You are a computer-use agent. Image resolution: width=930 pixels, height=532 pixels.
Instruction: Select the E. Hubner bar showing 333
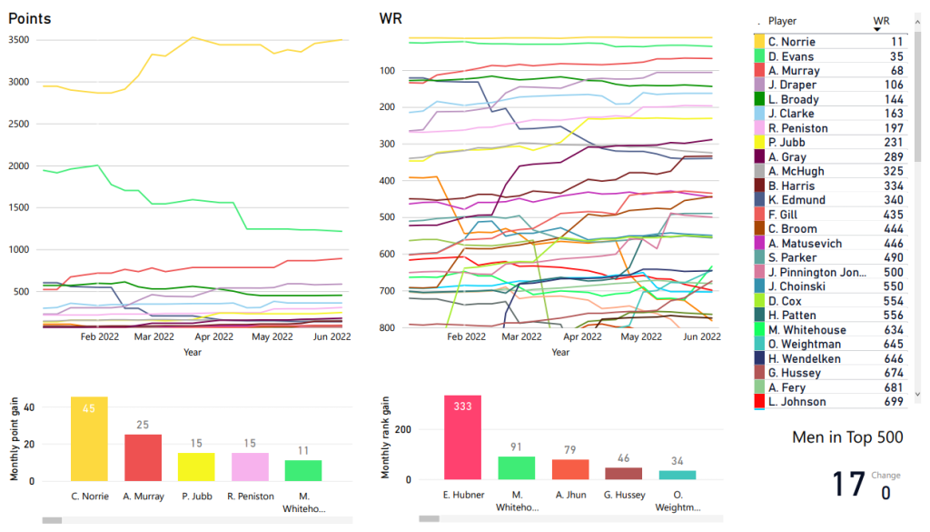[462, 437]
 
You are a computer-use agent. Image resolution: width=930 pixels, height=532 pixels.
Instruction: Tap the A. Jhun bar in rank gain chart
[570, 469]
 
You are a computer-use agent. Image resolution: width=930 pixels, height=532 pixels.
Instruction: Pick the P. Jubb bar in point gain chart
[196, 467]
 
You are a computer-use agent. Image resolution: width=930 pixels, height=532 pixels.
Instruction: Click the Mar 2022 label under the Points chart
[153, 336]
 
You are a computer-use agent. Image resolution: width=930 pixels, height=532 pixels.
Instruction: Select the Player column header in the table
[782, 21]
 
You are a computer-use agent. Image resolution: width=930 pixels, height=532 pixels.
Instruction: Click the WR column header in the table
[881, 21]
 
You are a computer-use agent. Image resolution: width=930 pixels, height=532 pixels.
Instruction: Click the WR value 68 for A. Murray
[896, 71]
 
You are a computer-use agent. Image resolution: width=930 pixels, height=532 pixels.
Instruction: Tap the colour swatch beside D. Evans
[759, 56]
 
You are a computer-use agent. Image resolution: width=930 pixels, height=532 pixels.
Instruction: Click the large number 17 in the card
[849, 484]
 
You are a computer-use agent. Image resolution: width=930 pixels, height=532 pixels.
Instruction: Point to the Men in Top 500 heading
[847, 437]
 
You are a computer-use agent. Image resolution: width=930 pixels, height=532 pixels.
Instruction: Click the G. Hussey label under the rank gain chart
[623, 495]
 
